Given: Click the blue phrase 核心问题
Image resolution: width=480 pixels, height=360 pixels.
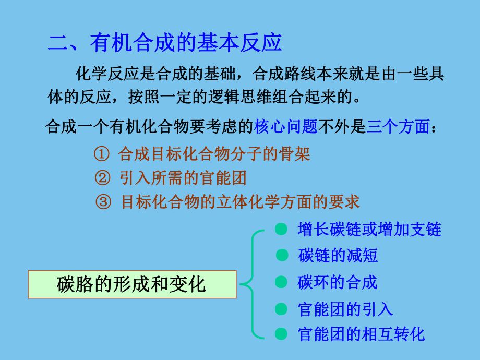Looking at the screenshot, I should pyautogui.click(x=286, y=126).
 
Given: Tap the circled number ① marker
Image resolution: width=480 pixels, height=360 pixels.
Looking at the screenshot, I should pyautogui.click(x=101, y=154).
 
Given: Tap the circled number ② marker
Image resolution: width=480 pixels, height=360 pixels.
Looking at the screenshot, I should pyautogui.click(x=102, y=178).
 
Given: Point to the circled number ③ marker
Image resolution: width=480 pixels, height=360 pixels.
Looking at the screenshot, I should pyautogui.click(x=104, y=202).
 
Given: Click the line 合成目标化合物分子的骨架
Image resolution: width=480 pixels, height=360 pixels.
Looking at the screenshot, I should pyautogui.click(x=214, y=154).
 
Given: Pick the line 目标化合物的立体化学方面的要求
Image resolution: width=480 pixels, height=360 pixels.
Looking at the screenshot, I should pyautogui.click(x=241, y=202).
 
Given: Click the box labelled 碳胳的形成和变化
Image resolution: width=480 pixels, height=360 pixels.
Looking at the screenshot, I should pyautogui.click(x=133, y=284).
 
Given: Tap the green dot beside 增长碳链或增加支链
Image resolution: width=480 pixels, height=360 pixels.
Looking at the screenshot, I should pyautogui.click(x=281, y=229).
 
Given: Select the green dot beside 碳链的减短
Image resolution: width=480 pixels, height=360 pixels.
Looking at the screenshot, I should pyautogui.click(x=282, y=255).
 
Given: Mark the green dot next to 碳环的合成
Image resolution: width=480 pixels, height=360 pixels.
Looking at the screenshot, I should pyautogui.click(x=281, y=282).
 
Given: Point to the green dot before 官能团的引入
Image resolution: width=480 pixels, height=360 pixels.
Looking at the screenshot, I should pyautogui.click(x=281, y=309).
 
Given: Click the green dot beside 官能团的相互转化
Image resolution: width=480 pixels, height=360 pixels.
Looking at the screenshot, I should pyautogui.click(x=281, y=333).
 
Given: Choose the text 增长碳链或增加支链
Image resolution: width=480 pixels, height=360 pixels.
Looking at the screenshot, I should pyautogui.click(x=369, y=229).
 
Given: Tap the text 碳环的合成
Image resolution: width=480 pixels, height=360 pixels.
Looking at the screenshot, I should pyautogui.click(x=337, y=282).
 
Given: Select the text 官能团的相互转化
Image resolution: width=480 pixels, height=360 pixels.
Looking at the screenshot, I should pyautogui.click(x=362, y=333).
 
